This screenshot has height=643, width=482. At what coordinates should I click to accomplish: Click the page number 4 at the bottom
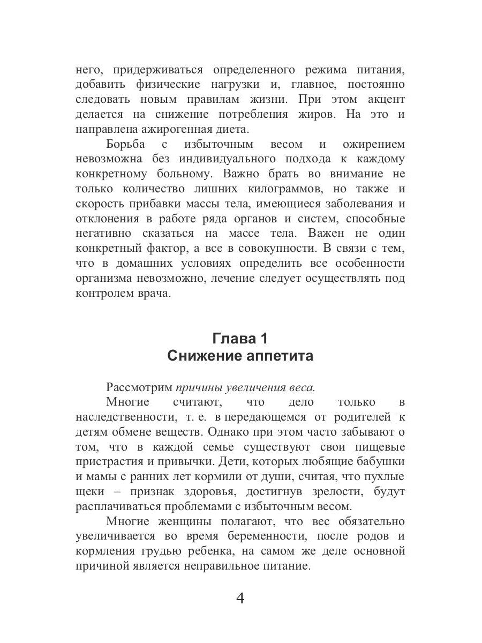(x=240, y=598)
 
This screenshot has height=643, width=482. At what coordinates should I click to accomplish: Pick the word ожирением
(x=371, y=144)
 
